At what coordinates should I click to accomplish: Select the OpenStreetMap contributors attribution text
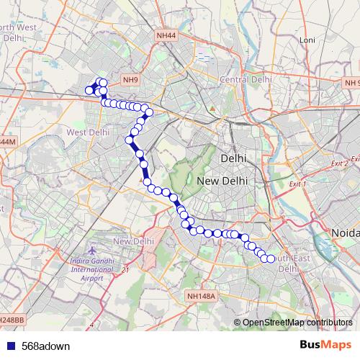coord(297,322)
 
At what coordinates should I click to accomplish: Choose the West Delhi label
coord(88,132)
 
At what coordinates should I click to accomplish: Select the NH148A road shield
coord(200,296)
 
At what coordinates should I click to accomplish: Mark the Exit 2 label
coord(338,164)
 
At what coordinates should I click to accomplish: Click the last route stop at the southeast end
coord(271,258)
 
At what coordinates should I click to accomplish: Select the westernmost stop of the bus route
coord(89,90)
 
